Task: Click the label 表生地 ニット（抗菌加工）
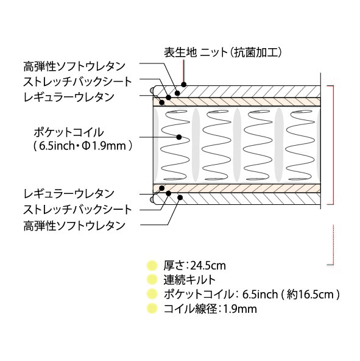tap(223, 52)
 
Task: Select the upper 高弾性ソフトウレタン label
tap(74, 66)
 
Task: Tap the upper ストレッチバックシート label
tap(78, 82)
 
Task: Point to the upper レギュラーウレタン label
tap(69, 97)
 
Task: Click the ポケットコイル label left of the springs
tap(69, 132)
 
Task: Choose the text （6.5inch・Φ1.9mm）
tap(83, 146)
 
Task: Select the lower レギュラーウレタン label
tap(69, 194)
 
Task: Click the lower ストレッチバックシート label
tap(78, 210)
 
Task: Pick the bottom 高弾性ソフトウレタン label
tap(74, 226)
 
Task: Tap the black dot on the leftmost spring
tap(179, 137)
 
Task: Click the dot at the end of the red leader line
tap(183, 85)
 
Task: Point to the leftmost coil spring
tap(175, 145)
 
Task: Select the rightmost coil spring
tap(300, 145)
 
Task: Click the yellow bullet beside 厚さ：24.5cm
tap(152, 266)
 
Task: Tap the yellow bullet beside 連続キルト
tap(152, 280)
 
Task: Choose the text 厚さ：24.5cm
tap(194, 266)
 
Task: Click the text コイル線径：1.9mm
tap(210, 309)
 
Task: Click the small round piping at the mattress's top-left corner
tap(152, 90)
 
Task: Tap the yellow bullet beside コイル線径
tap(152, 309)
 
